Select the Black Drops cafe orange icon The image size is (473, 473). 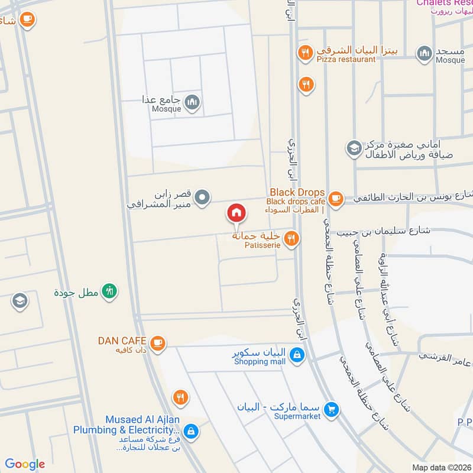click(x=336, y=197)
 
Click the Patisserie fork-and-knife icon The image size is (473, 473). click(x=290, y=238)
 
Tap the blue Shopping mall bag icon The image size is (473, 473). click(x=298, y=355)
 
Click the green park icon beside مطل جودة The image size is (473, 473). click(x=109, y=291)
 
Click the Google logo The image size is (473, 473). click(x=25, y=464)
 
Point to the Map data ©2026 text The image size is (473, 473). click(x=441, y=467)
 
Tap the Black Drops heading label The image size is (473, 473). click(x=297, y=192)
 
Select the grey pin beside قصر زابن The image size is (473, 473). click(x=202, y=197)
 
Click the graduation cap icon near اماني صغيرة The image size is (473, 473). click(x=354, y=147)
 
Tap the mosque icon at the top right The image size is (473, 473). click(x=424, y=54)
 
